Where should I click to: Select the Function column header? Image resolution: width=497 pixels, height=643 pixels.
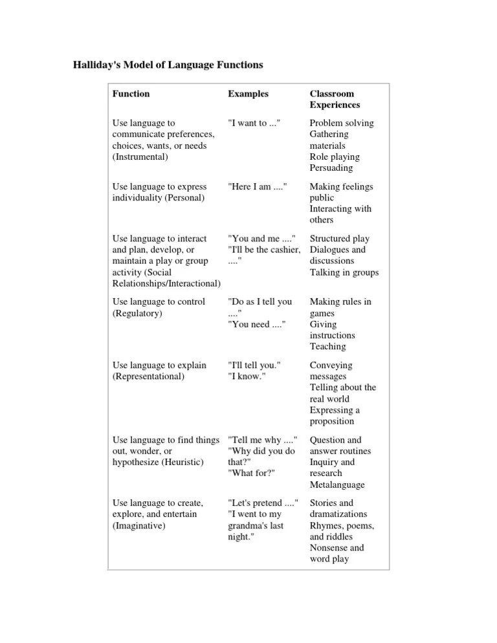click(x=131, y=94)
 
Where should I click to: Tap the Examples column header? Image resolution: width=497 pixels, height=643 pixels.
click(x=248, y=94)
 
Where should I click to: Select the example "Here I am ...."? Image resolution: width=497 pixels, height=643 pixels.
click(x=257, y=186)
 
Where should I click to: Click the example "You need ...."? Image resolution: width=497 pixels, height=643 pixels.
click(x=256, y=324)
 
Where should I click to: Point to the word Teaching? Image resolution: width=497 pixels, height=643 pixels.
click(x=327, y=347)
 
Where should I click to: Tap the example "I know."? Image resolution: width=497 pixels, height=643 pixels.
click(x=249, y=376)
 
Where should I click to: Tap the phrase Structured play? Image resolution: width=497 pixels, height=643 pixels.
click(x=342, y=239)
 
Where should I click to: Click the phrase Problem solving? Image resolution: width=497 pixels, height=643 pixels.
click(x=342, y=123)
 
